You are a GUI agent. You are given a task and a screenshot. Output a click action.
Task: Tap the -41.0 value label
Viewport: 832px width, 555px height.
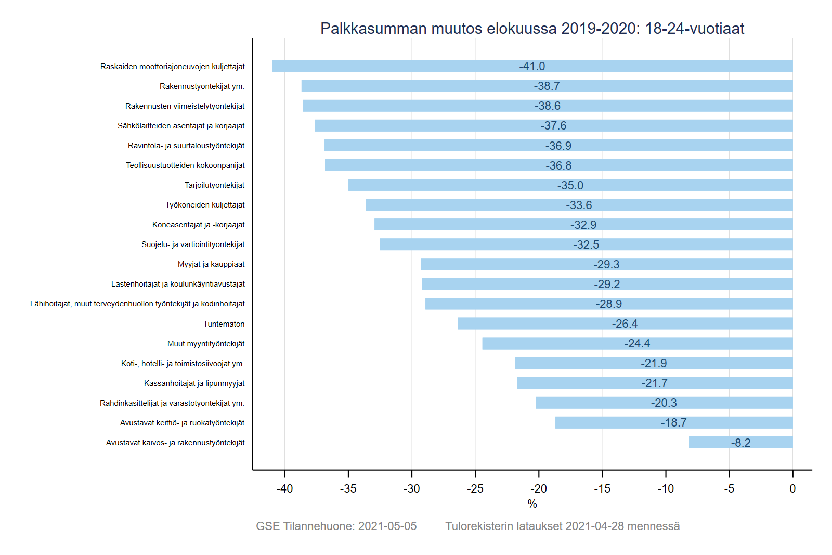532,67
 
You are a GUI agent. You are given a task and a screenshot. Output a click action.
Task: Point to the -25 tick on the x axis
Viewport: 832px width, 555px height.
475,488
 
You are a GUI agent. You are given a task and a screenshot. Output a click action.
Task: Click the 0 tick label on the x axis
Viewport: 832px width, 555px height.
792,488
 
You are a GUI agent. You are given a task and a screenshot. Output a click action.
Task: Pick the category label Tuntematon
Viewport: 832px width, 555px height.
224,324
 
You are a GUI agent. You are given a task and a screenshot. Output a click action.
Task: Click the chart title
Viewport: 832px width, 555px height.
532,29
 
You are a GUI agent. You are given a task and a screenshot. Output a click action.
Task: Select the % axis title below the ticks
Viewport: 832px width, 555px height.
532,504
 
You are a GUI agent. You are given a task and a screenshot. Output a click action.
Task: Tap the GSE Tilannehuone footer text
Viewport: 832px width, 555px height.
336,526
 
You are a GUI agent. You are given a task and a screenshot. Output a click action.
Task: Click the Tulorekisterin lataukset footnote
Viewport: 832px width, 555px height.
562,526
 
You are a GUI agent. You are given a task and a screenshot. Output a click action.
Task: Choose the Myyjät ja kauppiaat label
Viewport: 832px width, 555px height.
211,264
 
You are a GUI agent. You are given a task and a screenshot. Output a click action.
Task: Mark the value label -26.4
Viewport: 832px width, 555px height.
625,324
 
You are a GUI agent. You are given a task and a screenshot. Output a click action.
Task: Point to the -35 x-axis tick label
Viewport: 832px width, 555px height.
348,488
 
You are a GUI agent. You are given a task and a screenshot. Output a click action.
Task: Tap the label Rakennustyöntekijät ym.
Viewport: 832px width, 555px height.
202,86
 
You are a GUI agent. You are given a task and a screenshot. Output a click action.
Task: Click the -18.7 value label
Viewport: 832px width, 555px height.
673,423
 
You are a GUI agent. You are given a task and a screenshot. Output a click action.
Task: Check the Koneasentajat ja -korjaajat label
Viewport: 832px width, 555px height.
198,225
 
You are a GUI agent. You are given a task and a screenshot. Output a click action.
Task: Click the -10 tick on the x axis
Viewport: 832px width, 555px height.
666,488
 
